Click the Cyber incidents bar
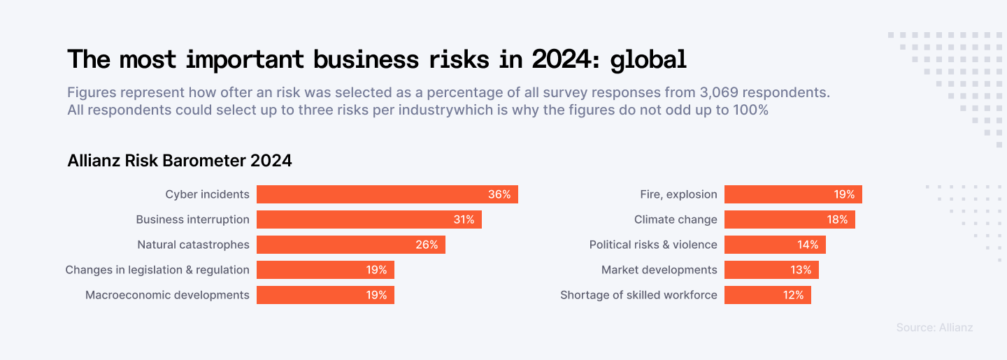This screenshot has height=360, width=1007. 387,194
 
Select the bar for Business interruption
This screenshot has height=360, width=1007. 369,219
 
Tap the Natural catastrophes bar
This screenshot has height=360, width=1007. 350,245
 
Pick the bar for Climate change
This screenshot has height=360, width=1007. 789,219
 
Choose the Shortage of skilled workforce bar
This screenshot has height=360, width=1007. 767,295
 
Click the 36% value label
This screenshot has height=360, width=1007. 499,194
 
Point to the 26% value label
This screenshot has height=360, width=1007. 427,245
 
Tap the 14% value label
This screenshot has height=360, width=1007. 808,245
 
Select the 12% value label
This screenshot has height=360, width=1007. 793,295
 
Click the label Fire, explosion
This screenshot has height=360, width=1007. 678,194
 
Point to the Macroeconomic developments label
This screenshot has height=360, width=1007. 167,295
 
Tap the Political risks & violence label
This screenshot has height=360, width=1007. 653,245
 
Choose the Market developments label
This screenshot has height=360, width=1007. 659,270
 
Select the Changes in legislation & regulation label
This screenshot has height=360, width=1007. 157,270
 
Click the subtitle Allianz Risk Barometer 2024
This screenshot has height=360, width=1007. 180,161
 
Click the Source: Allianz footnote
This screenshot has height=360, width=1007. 934,327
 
